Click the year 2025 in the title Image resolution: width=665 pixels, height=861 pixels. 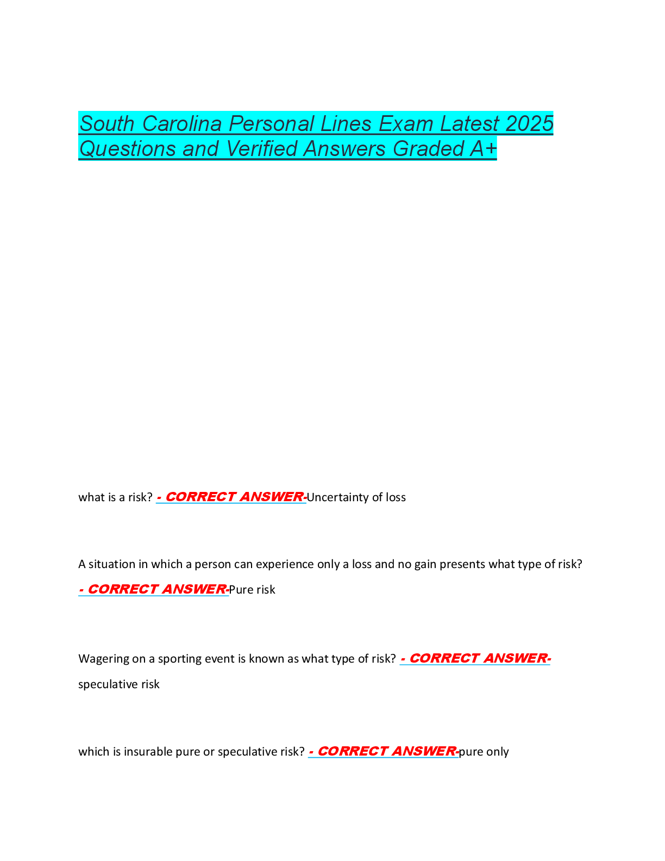pos(529,123)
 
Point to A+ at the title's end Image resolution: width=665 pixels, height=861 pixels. pos(483,148)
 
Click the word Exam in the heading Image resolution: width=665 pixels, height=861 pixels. pos(406,123)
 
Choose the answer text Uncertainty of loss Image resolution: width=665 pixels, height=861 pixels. pos(356,497)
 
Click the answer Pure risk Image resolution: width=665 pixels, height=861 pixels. pos(252,590)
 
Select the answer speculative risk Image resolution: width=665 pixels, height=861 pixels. pos(119,684)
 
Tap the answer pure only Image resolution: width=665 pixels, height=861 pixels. pos(484,752)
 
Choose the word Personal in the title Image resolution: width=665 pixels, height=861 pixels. pos(271,123)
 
